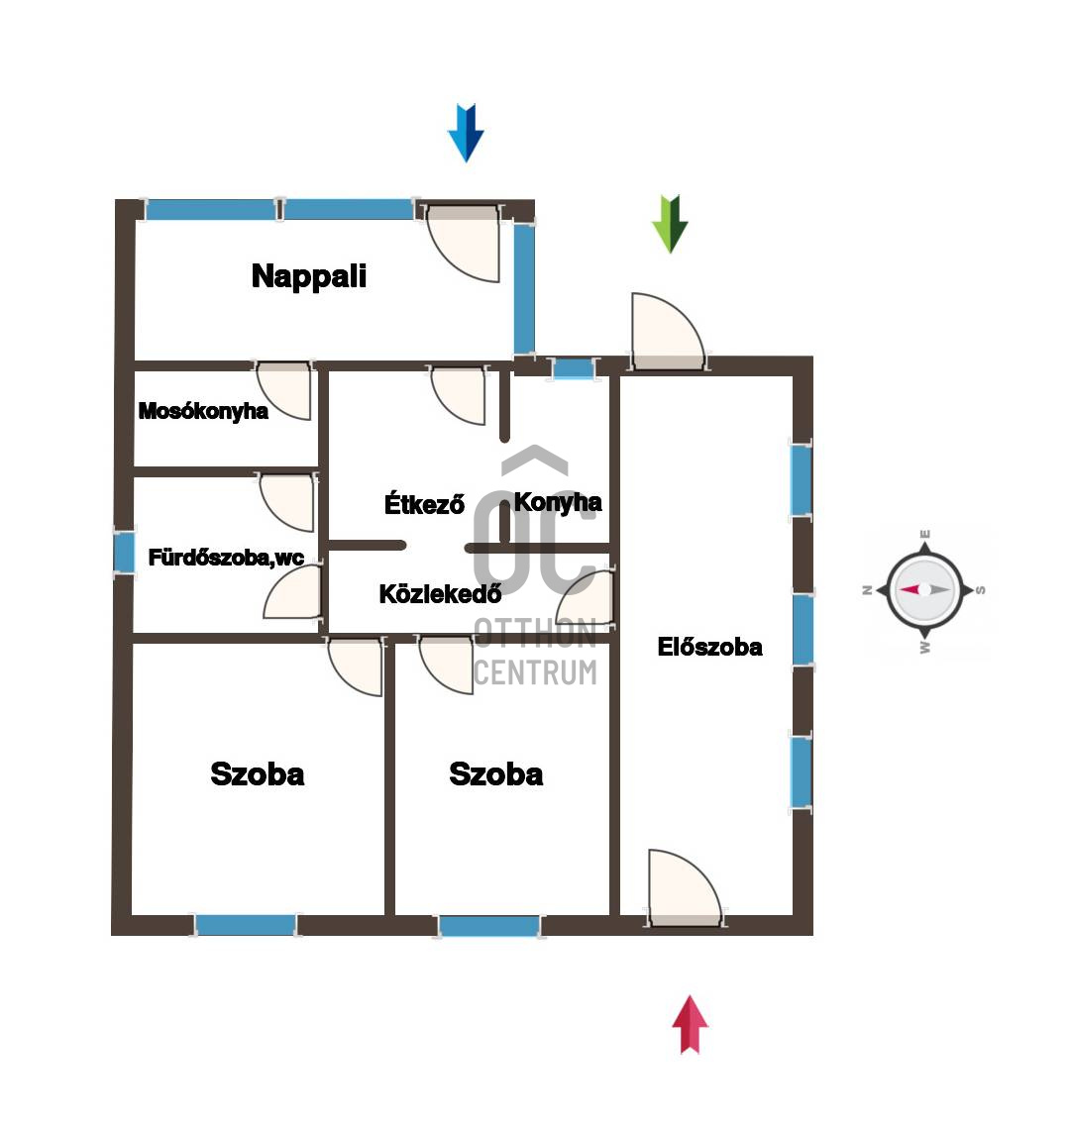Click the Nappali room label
pos(308,276)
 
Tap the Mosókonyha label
pos(203,411)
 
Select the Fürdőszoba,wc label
pos(226,558)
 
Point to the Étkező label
pos(424,503)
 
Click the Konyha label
pos(558,502)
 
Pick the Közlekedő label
pos(440,593)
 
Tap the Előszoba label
pos(709,647)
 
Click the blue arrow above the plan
pos(466,134)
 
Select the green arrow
pos(670,224)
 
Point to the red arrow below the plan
pos(691,1025)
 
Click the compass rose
pos(924,590)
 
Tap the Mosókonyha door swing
pos(285,389)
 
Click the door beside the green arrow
pos(668,331)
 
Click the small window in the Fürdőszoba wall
pos(125,553)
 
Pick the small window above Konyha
pos(574,368)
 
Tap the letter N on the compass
pos(868,590)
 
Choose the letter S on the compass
pos(981,590)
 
